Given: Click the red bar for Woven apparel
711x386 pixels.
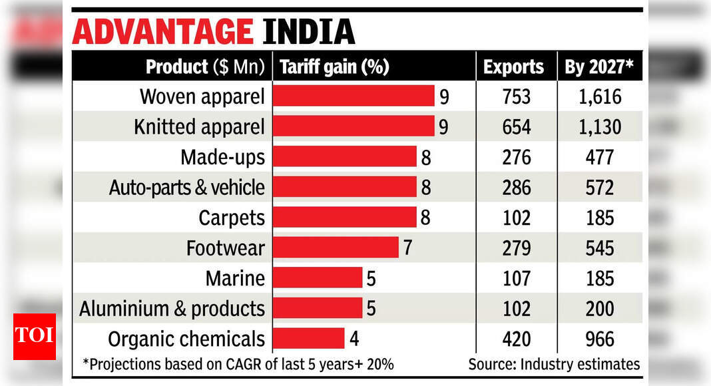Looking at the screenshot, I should click(x=354, y=96).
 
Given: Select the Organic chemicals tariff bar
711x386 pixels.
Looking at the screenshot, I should click(x=308, y=338).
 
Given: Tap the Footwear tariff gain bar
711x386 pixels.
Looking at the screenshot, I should click(x=336, y=248).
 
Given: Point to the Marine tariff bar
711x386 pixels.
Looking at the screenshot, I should click(x=318, y=278).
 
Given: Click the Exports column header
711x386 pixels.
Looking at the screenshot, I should click(x=513, y=67).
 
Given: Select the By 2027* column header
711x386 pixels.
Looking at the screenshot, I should click(x=599, y=67).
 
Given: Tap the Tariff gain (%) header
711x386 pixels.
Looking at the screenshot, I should click(x=334, y=67).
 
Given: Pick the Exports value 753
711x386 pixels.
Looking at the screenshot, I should click(x=517, y=96).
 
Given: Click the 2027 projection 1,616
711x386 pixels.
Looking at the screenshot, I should click(x=599, y=96).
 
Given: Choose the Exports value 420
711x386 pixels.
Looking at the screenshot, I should click(x=517, y=339).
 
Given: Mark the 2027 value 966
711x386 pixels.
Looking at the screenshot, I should click(x=599, y=339).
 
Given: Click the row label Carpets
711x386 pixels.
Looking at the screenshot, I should click(x=232, y=218).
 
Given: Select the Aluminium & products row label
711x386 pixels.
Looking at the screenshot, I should click(x=172, y=309).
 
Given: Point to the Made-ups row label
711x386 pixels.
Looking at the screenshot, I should click(x=222, y=157).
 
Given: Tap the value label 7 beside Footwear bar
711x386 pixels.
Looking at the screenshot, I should click(x=408, y=248).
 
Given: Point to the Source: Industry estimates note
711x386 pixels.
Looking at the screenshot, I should click(x=554, y=364).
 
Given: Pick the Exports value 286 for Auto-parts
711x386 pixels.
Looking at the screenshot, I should click(x=517, y=188).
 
